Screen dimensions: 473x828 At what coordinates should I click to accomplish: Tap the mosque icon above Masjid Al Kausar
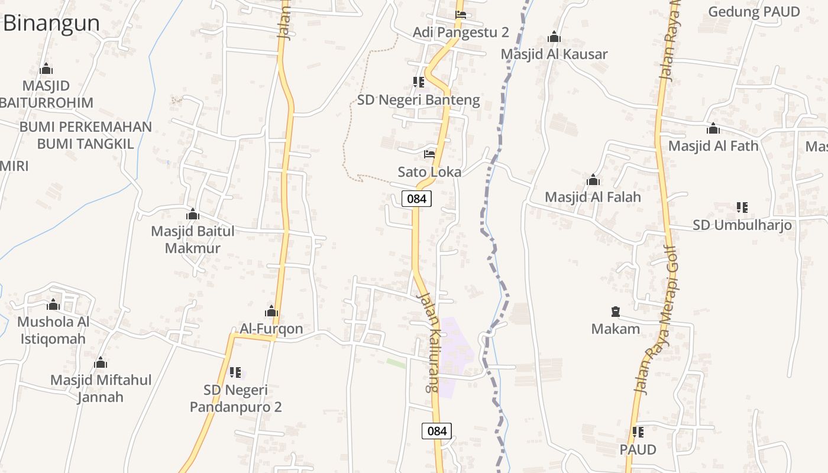(554, 37)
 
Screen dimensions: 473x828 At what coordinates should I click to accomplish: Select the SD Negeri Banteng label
(418, 100)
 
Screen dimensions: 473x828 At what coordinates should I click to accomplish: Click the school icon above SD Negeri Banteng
(419, 82)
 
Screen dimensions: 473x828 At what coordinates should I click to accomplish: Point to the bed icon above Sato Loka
(429, 154)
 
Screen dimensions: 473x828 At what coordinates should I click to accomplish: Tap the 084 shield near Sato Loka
(416, 199)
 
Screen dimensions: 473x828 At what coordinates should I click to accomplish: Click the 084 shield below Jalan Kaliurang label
(436, 430)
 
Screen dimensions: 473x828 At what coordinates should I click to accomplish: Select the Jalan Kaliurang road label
(428, 343)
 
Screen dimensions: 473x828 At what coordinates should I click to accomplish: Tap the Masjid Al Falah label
(593, 197)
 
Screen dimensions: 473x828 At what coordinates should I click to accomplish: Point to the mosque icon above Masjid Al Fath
(713, 128)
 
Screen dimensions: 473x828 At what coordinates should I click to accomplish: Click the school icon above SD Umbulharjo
(742, 208)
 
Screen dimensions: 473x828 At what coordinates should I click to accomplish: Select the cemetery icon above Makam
(616, 311)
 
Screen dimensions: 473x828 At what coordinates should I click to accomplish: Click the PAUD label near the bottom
(638, 449)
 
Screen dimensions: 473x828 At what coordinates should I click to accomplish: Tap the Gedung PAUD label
(753, 12)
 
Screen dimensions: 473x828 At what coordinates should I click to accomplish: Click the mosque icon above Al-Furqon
(271, 311)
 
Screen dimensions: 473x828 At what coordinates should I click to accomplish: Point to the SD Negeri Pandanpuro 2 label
(235, 399)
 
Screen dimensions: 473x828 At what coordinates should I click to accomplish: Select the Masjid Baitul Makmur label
(193, 239)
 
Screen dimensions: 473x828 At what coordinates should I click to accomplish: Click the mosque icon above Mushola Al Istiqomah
(53, 305)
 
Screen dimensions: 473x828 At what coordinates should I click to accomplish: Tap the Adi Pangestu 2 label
(461, 32)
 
